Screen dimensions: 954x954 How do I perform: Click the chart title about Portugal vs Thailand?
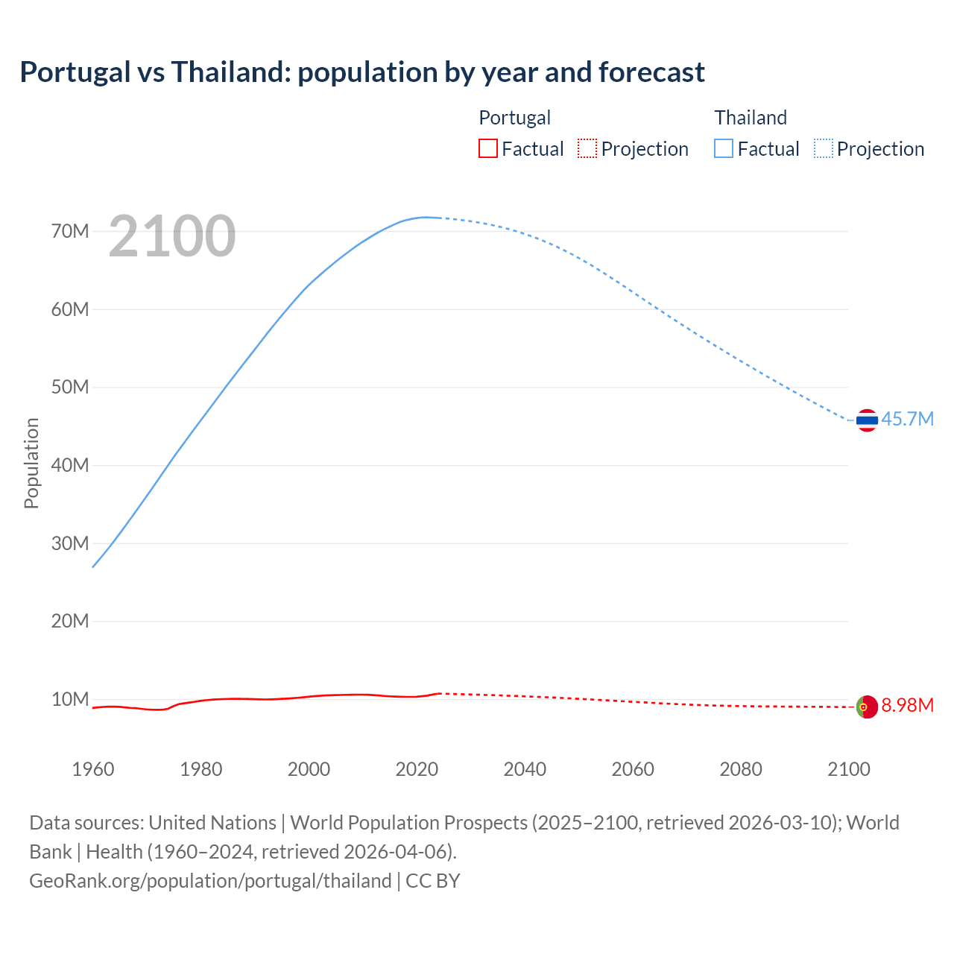[x=362, y=72]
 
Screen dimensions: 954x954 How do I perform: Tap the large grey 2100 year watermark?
[x=172, y=236]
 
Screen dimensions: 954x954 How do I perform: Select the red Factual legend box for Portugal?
[x=487, y=148]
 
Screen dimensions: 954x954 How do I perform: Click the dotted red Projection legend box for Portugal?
[x=587, y=148]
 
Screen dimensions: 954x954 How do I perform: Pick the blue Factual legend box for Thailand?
[x=724, y=148]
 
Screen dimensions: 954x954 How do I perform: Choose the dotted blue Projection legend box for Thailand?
[x=824, y=148]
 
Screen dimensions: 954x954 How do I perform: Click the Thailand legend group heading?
[x=751, y=118]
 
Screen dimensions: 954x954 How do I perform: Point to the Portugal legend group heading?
[x=514, y=118]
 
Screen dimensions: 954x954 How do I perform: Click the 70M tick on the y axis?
[x=70, y=231]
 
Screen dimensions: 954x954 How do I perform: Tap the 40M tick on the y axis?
[x=70, y=465]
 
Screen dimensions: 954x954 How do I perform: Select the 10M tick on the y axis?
[x=70, y=699]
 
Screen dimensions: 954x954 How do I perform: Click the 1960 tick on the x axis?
[x=93, y=769]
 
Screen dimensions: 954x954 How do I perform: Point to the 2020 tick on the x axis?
[x=417, y=769]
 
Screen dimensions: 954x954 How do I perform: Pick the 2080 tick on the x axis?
[x=741, y=769]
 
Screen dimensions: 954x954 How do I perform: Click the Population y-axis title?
[x=31, y=463]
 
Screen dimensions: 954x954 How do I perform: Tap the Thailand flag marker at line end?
[x=867, y=420]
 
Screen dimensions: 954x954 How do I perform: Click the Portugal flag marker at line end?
[x=867, y=706]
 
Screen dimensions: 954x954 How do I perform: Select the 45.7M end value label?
[x=907, y=419]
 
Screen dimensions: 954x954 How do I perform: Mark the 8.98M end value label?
[x=907, y=705]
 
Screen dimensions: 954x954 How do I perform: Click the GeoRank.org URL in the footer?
[x=210, y=880]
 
